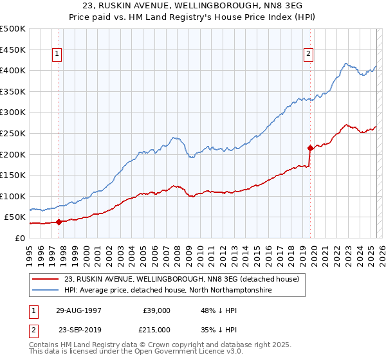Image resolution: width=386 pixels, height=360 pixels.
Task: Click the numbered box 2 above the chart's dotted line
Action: click(x=309, y=54)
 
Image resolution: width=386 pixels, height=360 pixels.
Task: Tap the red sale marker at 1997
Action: click(x=59, y=222)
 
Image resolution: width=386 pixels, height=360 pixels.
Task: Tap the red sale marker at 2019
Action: click(x=310, y=148)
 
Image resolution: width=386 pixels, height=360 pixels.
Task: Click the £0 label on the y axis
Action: click(x=19, y=238)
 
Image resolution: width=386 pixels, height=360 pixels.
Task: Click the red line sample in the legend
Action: click(x=45, y=280)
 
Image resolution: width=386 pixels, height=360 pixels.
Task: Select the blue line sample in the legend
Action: click(x=45, y=291)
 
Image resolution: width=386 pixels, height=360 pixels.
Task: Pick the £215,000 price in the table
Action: click(x=156, y=329)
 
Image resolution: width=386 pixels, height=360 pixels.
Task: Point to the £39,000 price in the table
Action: click(x=156, y=310)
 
